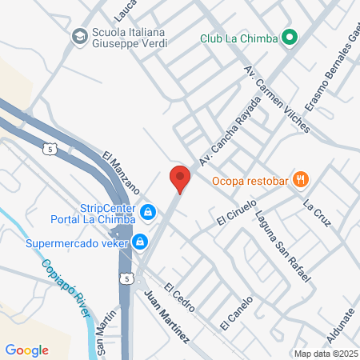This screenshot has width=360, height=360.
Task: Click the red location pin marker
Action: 180,179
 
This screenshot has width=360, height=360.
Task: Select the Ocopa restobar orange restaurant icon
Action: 301,180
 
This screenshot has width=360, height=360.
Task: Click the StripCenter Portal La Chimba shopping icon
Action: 147,212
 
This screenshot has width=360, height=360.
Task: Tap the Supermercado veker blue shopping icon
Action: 140,241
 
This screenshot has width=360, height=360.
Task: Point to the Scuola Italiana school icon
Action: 79,36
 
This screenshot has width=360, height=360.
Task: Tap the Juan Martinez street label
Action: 166,318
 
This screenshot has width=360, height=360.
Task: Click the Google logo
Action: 26,350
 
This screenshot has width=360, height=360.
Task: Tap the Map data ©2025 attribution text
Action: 325,354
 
